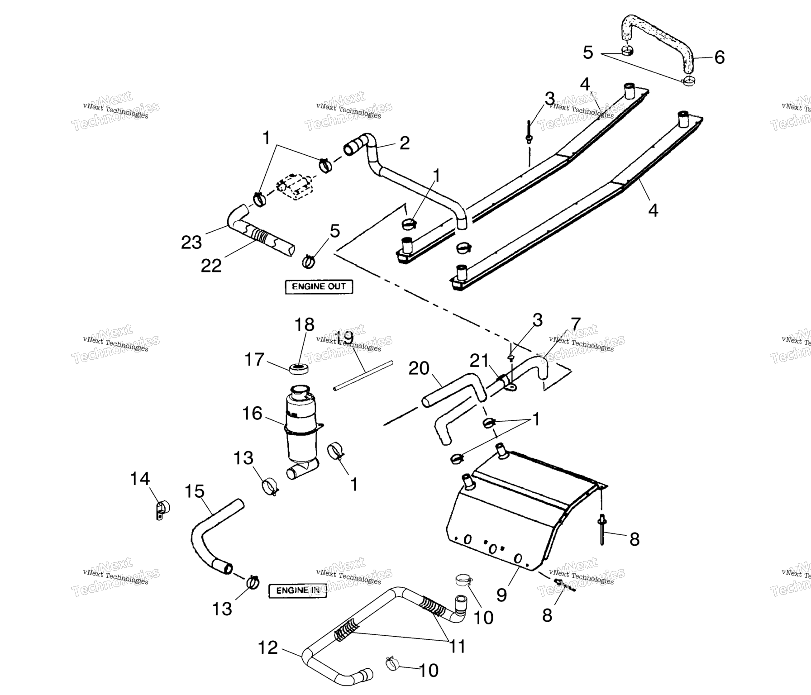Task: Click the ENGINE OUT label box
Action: pyautogui.click(x=319, y=286)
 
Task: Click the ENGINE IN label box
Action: pyautogui.click(x=298, y=590)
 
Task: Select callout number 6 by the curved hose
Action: pyautogui.click(x=719, y=57)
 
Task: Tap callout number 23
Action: pyautogui.click(x=191, y=243)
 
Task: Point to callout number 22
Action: pyautogui.click(x=211, y=266)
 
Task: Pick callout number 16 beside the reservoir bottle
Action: pyautogui.click(x=252, y=413)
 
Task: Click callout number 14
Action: pyautogui.click(x=140, y=478)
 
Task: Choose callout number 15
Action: pyautogui.click(x=195, y=491)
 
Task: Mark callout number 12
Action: pyautogui.click(x=267, y=647)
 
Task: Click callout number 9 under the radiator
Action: pyautogui.click(x=501, y=595)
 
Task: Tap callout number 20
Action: pyautogui.click(x=419, y=368)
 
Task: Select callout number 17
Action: pyautogui.click(x=254, y=360)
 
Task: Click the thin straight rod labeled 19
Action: pyautogui.click(x=363, y=375)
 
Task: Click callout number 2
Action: pyautogui.click(x=405, y=143)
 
